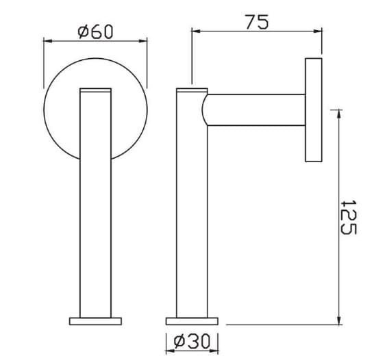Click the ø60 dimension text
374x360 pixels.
[x=96, y=31]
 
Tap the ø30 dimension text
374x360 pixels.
[x=192, y=340]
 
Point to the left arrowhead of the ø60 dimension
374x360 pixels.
[x=47, y=40]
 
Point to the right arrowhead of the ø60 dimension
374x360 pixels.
[x=145, y=40]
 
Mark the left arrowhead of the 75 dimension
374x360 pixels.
[x=195, y=31]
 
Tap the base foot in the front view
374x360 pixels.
[x=95, y=320]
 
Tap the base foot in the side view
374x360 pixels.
[x=192, y=320]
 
